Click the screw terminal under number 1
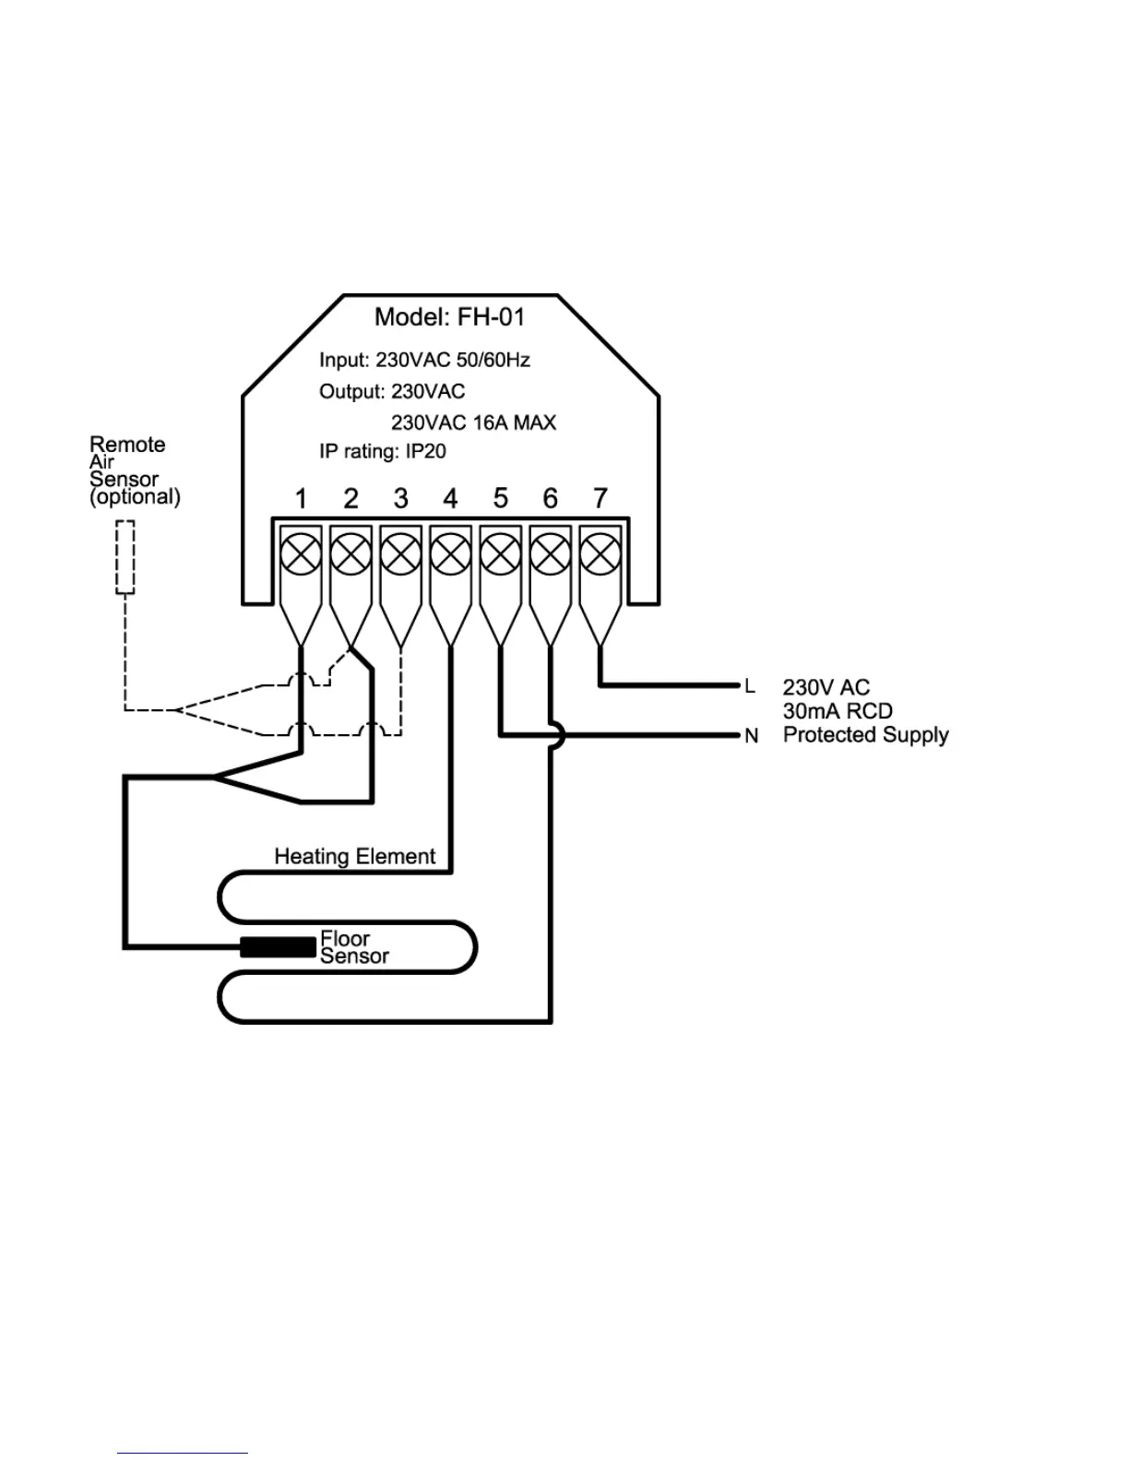(301, 555)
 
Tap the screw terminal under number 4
(450, 555)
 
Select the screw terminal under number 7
(600, 555)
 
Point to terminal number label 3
(400, 499)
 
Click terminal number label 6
(551, 499)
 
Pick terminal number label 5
(500, 499)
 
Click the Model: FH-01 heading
(449, 317)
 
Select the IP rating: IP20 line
(383, 452)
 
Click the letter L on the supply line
(750, 686)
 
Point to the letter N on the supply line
(751, 736)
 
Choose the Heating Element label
(354, 856)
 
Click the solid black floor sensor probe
(278, 946)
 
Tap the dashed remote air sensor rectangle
(125, 557)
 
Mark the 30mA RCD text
(838, 711)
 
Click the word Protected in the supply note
(826, 735)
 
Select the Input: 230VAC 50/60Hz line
(424, 360)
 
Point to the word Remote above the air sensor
(127, 445)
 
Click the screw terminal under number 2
(351, 555)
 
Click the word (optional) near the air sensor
(135, 496)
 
